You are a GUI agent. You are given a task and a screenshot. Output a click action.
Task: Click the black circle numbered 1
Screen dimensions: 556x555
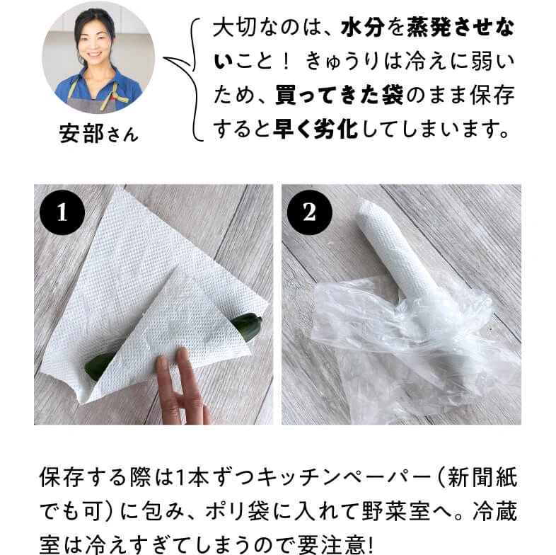click(62, 212)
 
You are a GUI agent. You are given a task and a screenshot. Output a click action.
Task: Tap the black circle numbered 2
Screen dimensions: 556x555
click(310, 212)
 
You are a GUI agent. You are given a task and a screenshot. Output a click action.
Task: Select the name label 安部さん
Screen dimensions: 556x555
click(98, 134)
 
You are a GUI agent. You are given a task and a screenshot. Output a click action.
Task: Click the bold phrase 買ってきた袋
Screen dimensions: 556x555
click(340, 95)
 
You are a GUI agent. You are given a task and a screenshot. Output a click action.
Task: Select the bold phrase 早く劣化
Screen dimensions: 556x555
click(315, 129)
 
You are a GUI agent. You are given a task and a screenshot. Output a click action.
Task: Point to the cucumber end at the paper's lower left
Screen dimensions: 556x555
click(98, 367)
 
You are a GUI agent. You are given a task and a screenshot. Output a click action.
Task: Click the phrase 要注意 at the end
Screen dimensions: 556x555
click(332, 544)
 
